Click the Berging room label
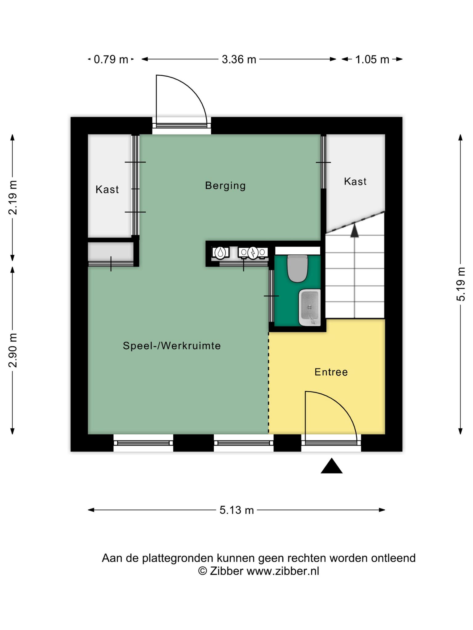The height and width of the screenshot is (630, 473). (x=225, y=186)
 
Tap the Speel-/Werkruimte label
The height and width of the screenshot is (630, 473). (x=172, y=346)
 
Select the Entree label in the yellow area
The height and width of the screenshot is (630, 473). (x=331, y=372)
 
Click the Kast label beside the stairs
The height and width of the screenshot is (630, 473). (x=355, y=181)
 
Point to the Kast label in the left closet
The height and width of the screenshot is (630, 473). (x=107, y=189)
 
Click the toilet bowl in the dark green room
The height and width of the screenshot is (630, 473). (x=297, y=268)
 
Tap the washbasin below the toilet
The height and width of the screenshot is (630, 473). (x=309, y=307)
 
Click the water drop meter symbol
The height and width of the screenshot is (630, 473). (x=220, y=253)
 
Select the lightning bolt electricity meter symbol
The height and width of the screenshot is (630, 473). (x=253, y=253)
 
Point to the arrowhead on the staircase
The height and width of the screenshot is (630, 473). (x=355, y=230)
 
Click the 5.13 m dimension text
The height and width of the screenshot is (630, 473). (x=236, y=510)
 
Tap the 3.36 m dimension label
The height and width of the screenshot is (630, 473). (x=239, y=59)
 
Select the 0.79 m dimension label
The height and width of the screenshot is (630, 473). (x=111, y=59)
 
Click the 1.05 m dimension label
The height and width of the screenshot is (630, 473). (x=372, y=59)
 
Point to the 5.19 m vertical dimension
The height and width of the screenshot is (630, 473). (x=461, y=284)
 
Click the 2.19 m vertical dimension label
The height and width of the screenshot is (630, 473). (x=13, y=197)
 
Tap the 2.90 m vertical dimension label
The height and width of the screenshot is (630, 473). (x=13, y=350)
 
